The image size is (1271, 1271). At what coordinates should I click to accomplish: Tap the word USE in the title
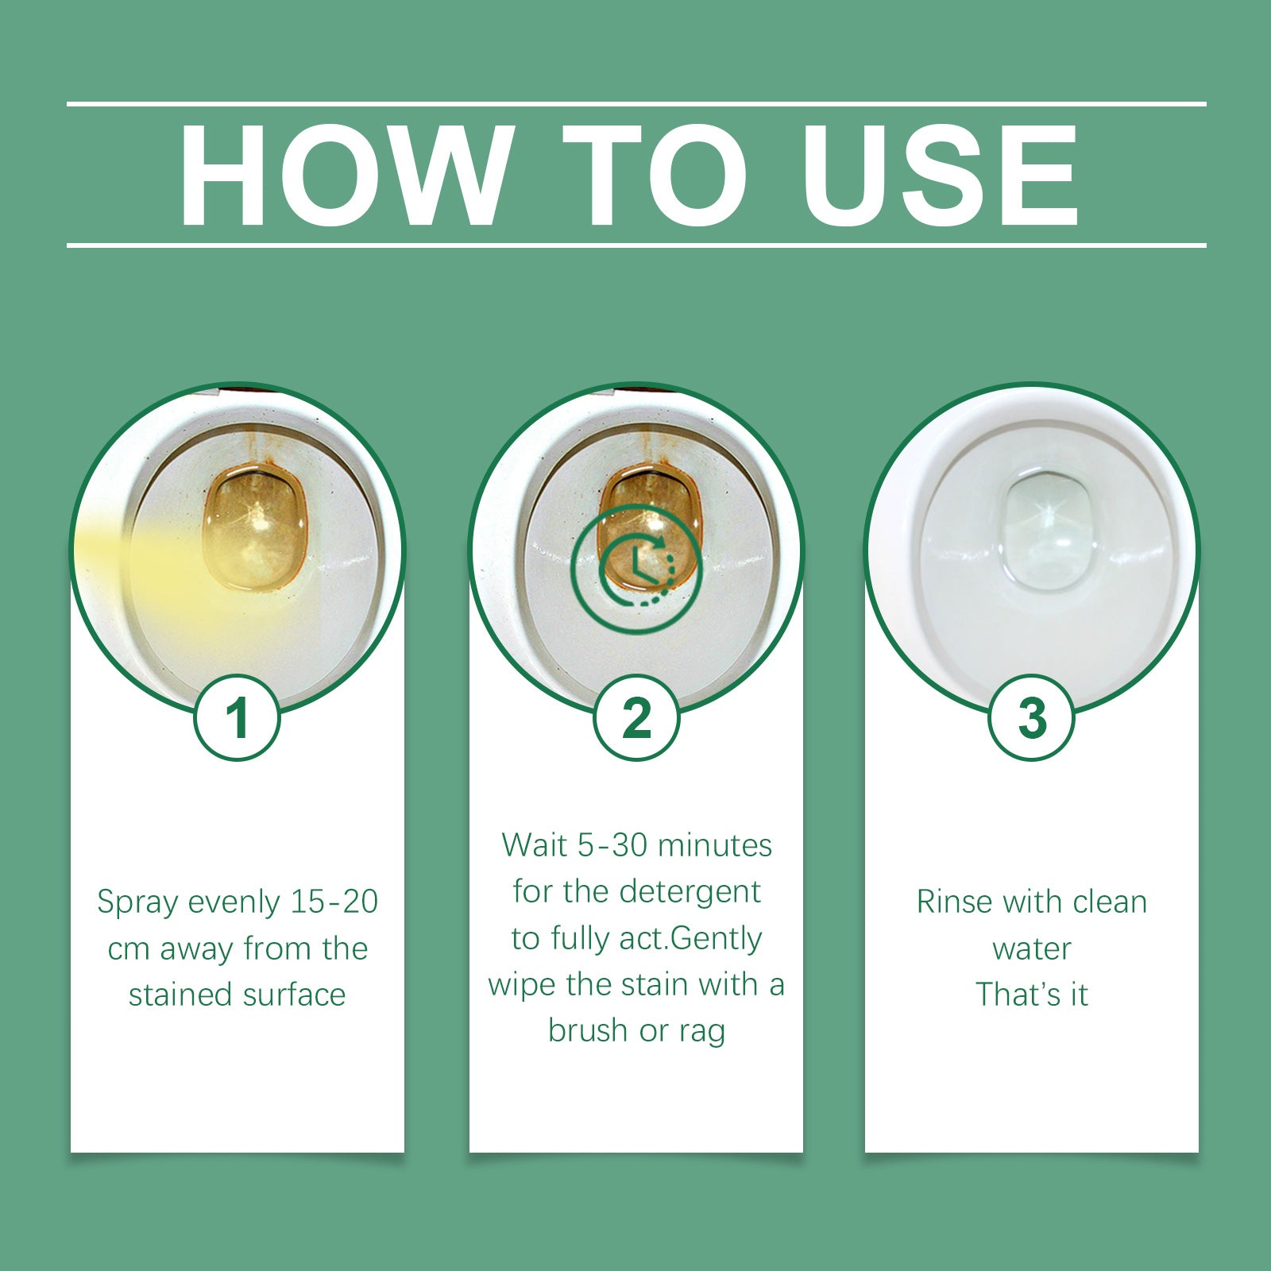click(x=941, y=176)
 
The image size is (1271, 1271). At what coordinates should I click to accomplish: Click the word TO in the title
click(x=654, y=176)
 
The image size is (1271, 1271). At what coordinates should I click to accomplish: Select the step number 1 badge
click(x=238, y=718)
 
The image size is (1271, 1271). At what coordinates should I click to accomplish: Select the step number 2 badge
click(x=636, y=718)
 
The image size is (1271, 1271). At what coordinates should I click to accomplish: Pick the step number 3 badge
click(x=1031, y=718)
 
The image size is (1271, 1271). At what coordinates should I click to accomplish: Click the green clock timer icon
click(x=636, y=569)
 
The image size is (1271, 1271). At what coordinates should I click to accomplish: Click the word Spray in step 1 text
click(x=137, y=903)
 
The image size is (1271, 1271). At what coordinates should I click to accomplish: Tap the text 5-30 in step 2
click(x=612, y=845)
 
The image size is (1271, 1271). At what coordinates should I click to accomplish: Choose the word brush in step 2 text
click(x=589, y=1030)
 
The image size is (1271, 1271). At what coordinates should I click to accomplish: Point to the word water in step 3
click(x=1031, y=948)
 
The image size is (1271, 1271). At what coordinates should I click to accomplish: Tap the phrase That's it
click(x=1031, y=995)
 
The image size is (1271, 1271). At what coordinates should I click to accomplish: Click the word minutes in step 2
click(x=715, y=845)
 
